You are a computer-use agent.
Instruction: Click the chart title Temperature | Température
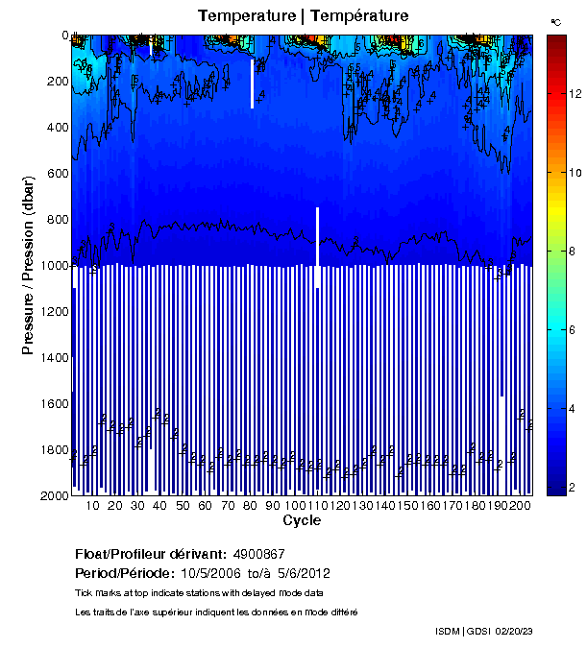coord(304,15)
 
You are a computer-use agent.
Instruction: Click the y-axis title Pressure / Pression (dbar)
coord(28,266)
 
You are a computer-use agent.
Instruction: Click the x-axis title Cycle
coord(302,521)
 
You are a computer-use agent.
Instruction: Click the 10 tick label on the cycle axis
coord(92,506)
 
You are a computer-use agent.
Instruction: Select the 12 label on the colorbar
coord(575,94)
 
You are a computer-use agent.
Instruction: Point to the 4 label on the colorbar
coord(573,409)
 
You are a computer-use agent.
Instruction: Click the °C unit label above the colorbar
coord(555,20)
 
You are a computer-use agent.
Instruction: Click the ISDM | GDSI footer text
coord(462,632)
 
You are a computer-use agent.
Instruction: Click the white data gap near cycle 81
coord(253,84)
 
